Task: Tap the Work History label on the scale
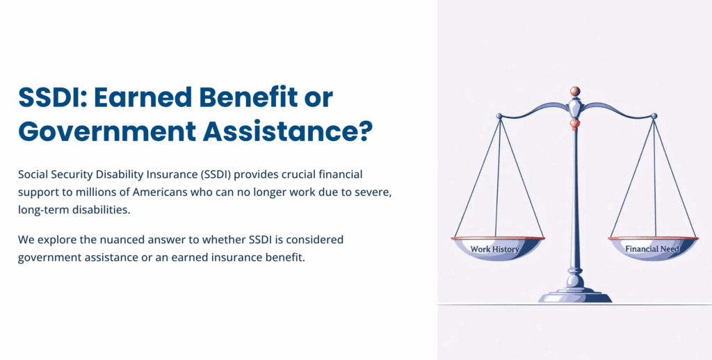pyautogui.click(x=495, y=249)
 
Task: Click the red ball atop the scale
pyautogui.click(x=575, y=91)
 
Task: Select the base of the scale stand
pyautogui.click(x=575, y=297)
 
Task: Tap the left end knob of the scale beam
pyautogui.click(x=499, y=116)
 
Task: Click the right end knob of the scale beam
pyautogui.click(x=653, y=115)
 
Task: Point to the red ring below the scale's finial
pyautogui.click(x=575, y=123)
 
